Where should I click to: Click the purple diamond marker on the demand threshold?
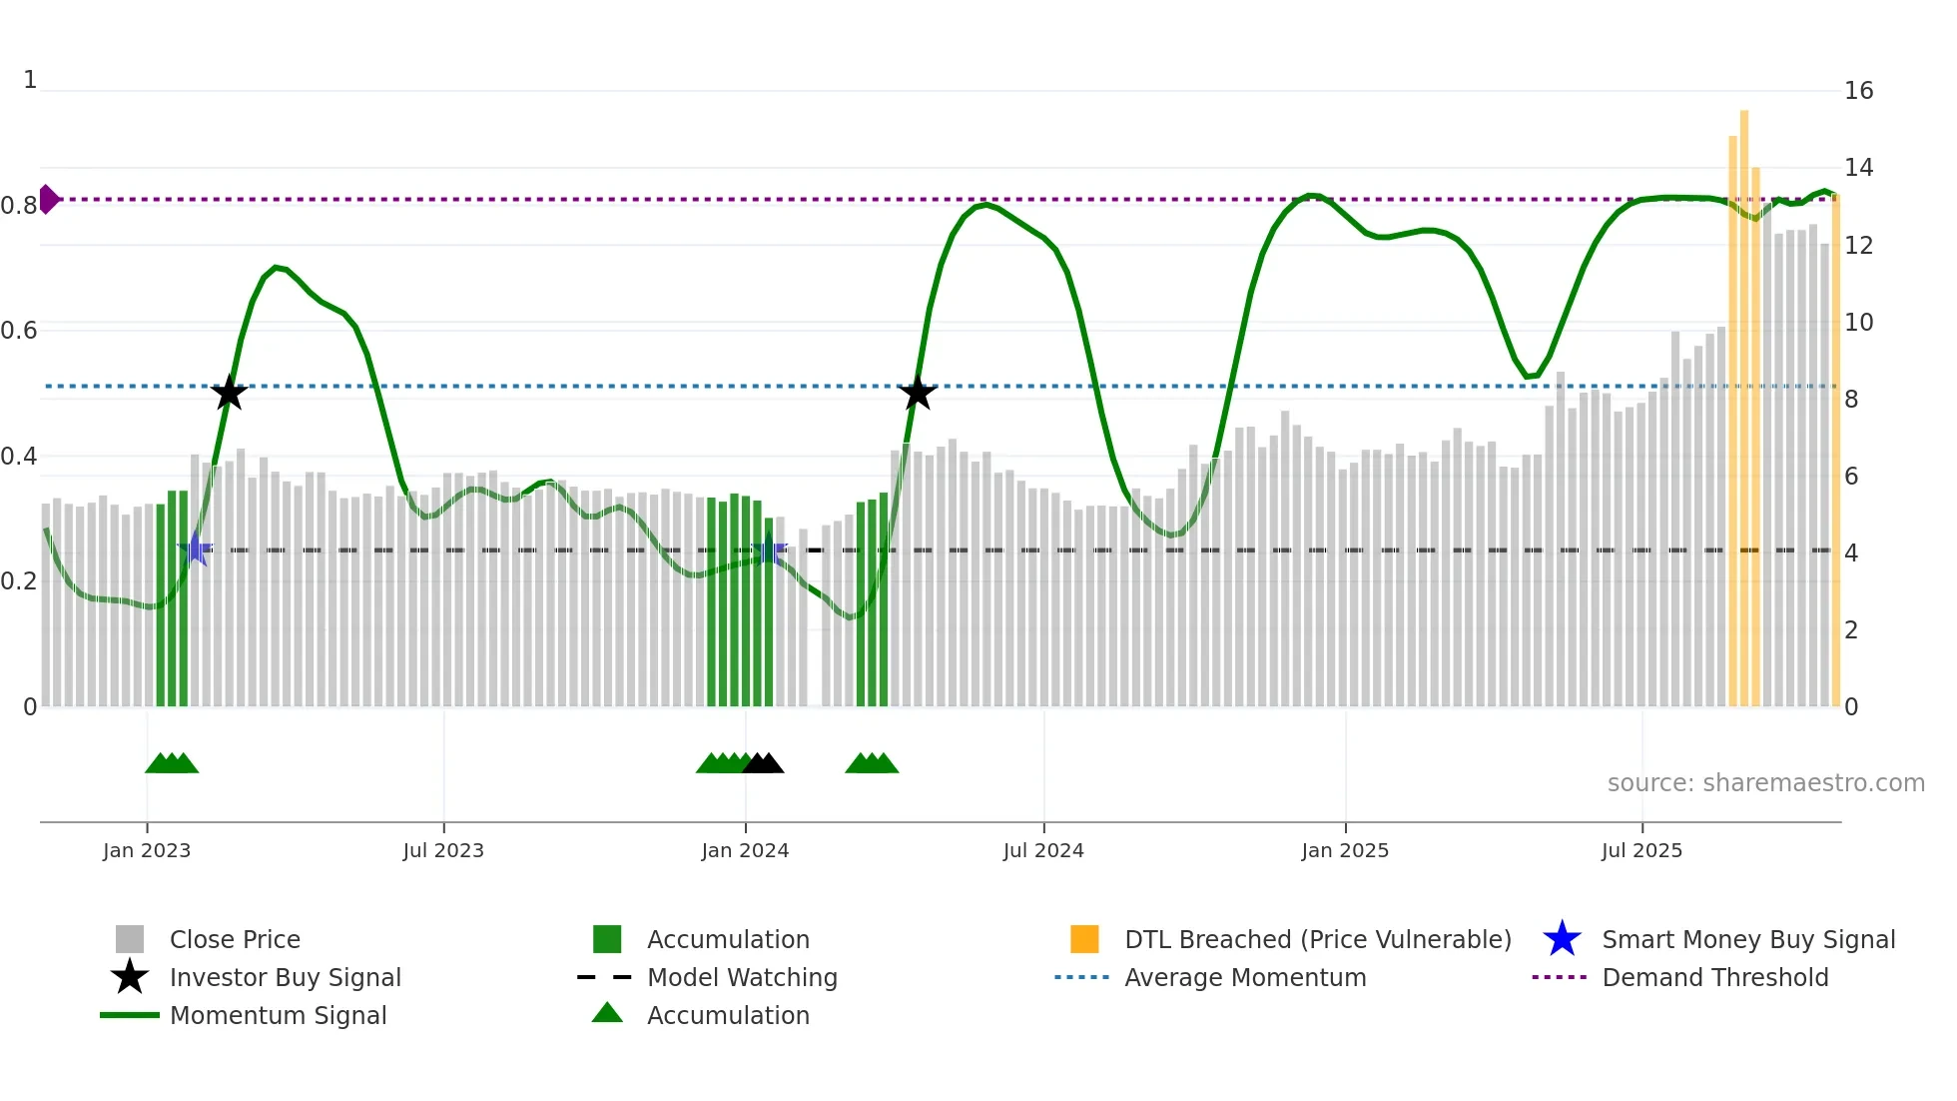[48, 199]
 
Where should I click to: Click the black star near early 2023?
[229, 393]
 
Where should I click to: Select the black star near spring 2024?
[917, 393]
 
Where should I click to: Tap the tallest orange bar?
[1743, 400]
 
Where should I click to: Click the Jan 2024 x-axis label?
[745, 850]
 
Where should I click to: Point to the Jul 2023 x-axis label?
[443, 850]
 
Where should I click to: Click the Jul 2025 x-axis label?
[1641, 850]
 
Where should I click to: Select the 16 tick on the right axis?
[1858, 91]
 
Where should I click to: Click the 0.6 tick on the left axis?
[20, 331]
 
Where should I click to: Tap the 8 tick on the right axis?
[1851, 400]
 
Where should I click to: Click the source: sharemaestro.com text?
[1765, 783]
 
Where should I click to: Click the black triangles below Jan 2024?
[764, 764]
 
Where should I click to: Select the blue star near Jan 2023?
[196, 549]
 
